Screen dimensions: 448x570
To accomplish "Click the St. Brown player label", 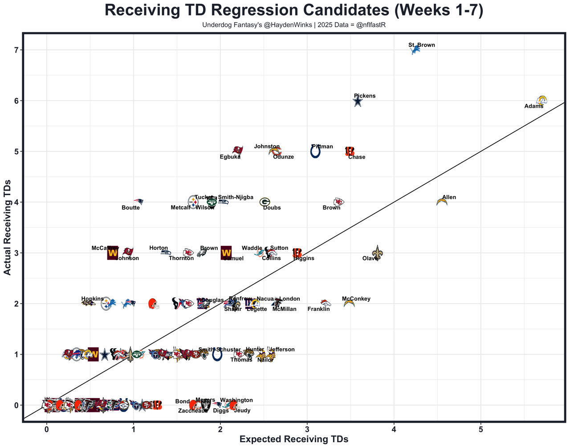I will click(421, 45).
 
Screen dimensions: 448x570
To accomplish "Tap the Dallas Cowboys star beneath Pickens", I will click(358, 102).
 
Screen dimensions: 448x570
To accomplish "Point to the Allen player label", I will click(449, 197).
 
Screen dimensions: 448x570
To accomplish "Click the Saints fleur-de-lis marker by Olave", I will click(377, 253).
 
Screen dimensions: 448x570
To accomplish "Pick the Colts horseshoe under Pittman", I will click(315, 152).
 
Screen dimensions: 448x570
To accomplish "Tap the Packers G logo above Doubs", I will click(265, 202).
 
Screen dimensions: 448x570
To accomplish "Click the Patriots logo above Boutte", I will click(138, 202).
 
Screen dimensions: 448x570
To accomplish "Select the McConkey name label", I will click(356, 299).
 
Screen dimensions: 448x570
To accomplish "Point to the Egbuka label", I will click(230, 157).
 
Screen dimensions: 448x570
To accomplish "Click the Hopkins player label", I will click(92, 299).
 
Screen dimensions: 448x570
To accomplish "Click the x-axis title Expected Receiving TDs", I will click(293, 439).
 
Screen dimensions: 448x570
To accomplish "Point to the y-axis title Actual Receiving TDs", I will click(8, 227).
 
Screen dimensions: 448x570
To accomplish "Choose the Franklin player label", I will click(318, 309).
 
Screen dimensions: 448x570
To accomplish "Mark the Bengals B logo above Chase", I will click(350, 151).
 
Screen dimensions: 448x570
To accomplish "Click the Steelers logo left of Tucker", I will click(193, 202).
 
